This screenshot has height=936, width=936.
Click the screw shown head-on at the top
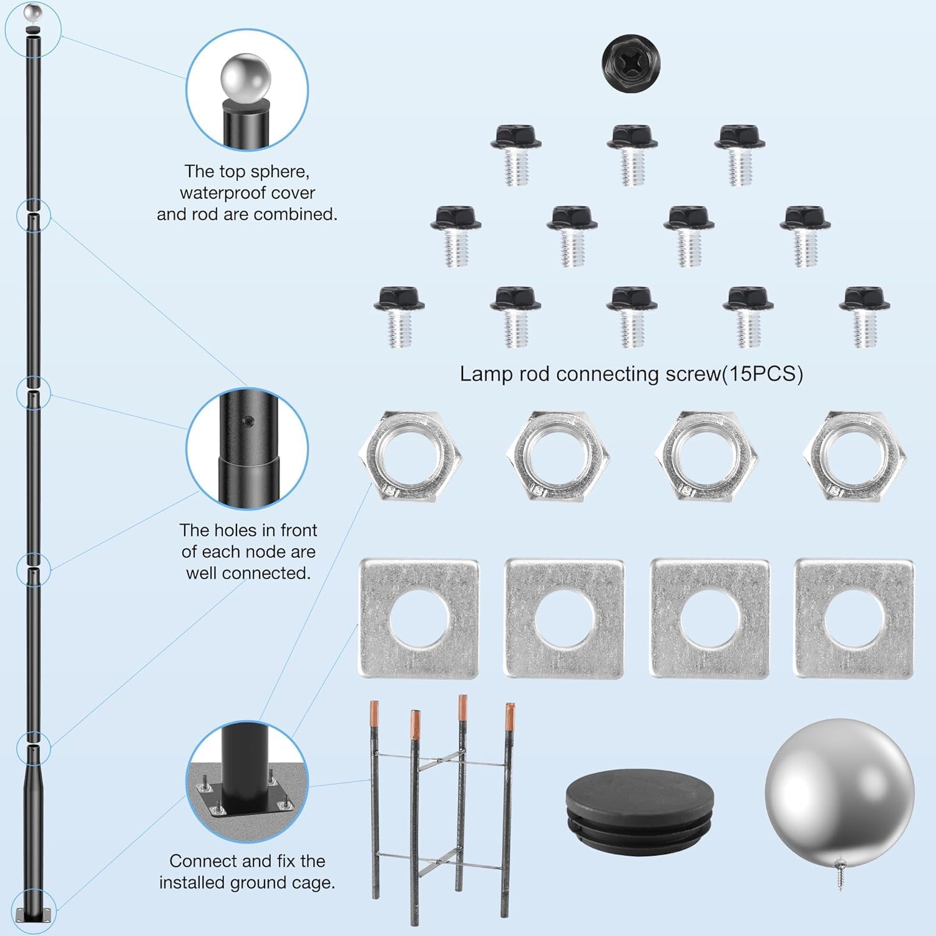pos(631,62)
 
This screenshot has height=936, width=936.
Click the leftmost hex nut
pos(411,457)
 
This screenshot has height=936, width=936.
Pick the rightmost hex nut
pos(854,457)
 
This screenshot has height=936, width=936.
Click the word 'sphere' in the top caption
pos(280,172)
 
